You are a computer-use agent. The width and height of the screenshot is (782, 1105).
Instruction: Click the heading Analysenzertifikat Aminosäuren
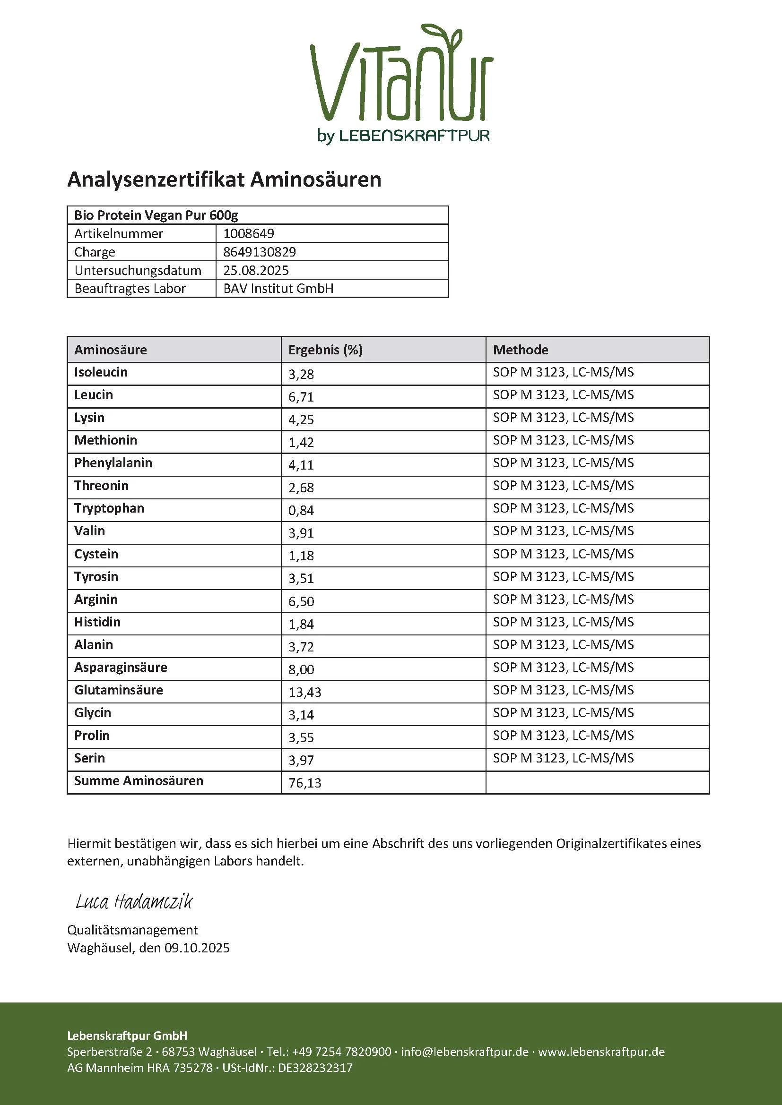[x=224, y=180]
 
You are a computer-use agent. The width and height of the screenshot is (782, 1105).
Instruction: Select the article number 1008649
[x=249, y=233]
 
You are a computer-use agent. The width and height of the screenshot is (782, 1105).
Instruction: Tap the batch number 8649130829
[x=259, y=252]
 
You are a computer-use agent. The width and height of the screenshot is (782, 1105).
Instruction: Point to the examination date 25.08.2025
[x=256, y=270]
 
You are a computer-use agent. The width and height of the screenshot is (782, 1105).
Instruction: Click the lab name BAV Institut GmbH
[x=278, y=288]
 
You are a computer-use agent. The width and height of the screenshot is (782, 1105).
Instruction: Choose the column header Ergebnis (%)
[x=325, y=350]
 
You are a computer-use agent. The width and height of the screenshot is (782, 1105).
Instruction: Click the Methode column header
[x=521, y=350]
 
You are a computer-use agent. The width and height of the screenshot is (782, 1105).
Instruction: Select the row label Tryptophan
[x=109, y=508]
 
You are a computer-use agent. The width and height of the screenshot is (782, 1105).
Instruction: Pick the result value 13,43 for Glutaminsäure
[x=305, y=692]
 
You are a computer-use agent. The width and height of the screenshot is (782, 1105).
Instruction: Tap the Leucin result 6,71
[x=301, y=397]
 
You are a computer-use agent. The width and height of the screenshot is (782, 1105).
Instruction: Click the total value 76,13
[x=305, y=783]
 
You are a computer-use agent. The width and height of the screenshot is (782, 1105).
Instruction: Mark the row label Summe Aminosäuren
[x=138, y=780]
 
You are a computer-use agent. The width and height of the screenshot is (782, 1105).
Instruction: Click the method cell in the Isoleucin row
[x=563, y=372]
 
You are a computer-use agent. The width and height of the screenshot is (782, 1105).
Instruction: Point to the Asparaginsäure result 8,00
[x=301, y=669]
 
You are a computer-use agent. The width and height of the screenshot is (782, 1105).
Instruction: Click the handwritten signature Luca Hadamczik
[x=134, y=902]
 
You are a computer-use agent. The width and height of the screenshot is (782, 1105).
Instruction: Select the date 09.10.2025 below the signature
[x=197, y=948]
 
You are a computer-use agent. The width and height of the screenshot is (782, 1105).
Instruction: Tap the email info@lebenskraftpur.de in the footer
[x=464, y=1052]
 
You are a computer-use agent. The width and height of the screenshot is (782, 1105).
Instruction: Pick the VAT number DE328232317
[x=315, y=1068]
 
